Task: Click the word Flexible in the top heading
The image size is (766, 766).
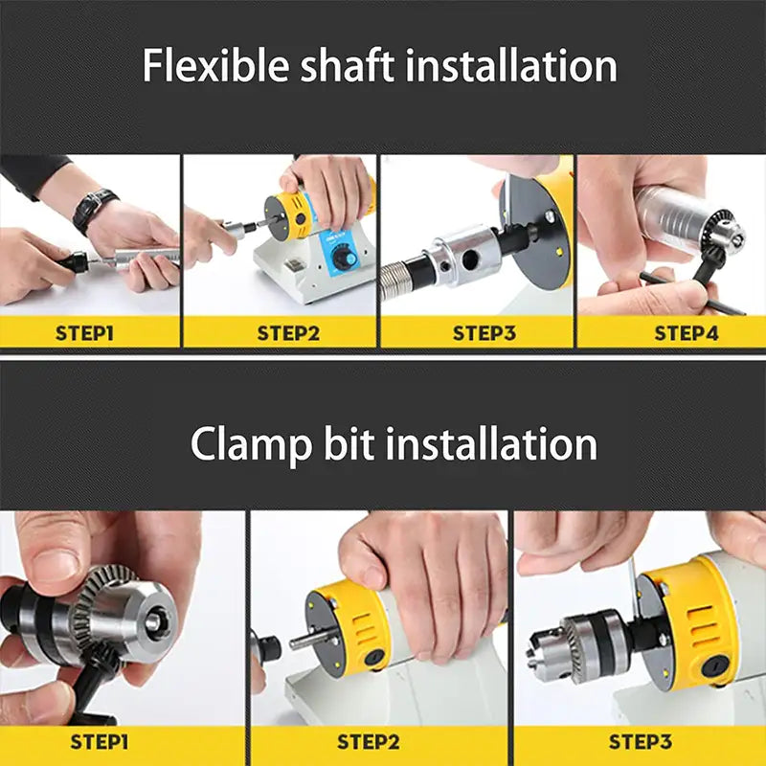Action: (x=215, y=65)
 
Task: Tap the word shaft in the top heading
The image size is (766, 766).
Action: (x=347, y=65)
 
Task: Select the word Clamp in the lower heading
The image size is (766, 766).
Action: (x=251, y=444)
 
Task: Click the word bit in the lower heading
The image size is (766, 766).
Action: (x=349, y=443)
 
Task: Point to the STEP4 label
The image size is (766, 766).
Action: (x=687, y=333)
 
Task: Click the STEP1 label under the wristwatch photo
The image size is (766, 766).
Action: (x=84, y=333)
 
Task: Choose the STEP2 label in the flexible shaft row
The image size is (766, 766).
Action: (x=288, y=333)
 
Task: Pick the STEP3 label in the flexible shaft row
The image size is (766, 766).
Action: (x=484, y=333)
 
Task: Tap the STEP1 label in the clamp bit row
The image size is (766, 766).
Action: (x=100, y=742)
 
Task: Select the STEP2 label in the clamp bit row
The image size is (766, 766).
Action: (x=369, y=742)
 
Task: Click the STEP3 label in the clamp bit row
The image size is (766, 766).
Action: (x=641, y=742)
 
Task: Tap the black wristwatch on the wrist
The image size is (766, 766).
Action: (x=95, y=210)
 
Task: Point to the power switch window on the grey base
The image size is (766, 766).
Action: (x=292, y=267)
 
